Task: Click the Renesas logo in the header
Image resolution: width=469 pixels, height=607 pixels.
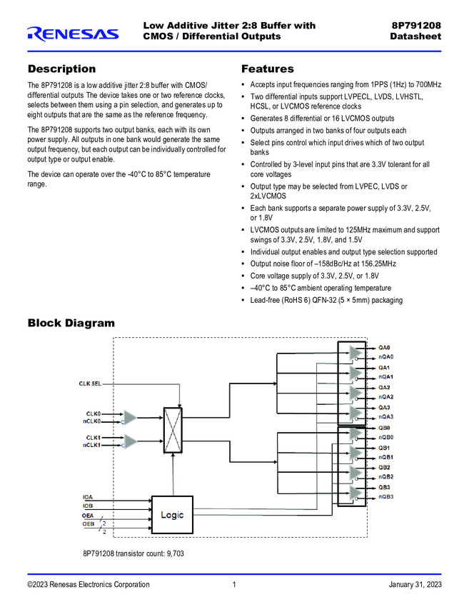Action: pyautogui.click(x=73, y=33)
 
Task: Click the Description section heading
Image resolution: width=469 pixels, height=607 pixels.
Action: pyautogui.click(x=61, y=69)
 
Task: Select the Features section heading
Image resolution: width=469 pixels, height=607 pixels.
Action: pyautogui.click(x=268, y=69)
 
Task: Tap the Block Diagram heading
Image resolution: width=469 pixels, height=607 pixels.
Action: pyautogui.click(x=71, y=323)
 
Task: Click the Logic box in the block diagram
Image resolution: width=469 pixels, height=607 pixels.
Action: pyautogui.click(x=172, y=515)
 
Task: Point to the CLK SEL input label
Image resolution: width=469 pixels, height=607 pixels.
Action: pyautogui.click(x=90, y=384)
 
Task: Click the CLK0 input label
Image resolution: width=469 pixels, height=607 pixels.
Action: pyautogui.click(x=94, y=413)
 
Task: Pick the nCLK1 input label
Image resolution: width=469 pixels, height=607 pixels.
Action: pyautogui.click(x=92, y=445)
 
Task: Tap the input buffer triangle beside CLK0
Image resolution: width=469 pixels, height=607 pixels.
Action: pyautogui.click(x=129, y=417)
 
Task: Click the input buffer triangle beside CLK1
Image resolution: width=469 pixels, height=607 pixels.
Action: pyautogui.click(x=129, y=441)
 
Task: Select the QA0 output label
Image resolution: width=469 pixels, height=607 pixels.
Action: pyautogui.click(x=384, y=348)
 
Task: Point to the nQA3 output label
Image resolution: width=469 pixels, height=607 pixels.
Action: pyautogui.click(x=386, y=416)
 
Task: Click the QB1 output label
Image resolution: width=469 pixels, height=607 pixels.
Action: pyautogui.click(x=384, y=448)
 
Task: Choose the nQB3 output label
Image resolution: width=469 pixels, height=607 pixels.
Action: pyautogui.click(x=386, y=496)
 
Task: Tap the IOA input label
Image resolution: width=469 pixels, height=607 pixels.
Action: pyautogui.click(x=87, y=496)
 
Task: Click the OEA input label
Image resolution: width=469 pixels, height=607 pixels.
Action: pyautogui.click(x=88, y=515)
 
